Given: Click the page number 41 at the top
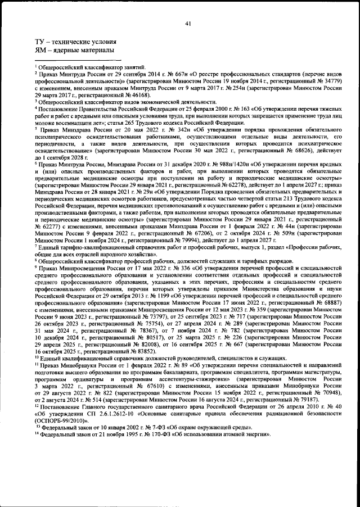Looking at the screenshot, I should click(x=187, y=23).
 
